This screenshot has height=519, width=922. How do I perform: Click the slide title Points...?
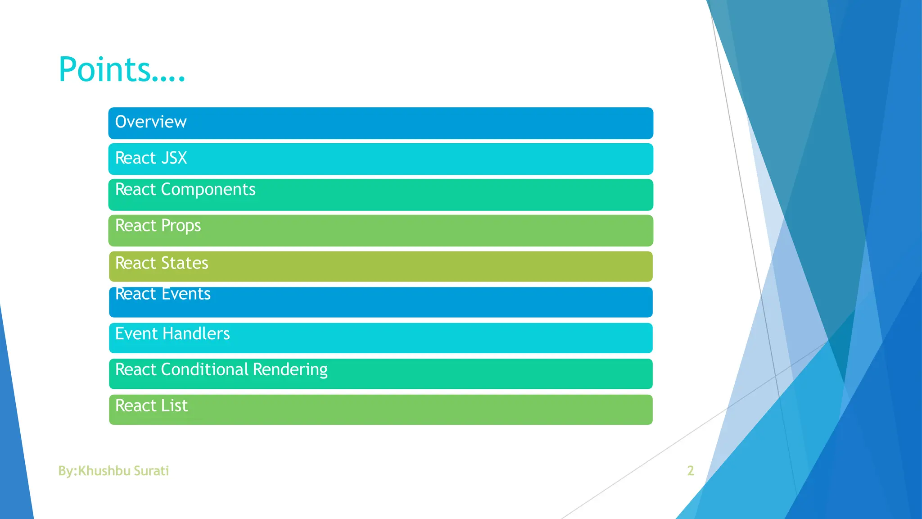click(122, 70)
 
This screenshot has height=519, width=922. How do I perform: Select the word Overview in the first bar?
click(151, 122)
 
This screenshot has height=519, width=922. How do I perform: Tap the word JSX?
click(174, 158)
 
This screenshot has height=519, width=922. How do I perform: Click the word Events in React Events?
click(186, 294)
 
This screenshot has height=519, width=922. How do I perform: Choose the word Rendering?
click(290, 370)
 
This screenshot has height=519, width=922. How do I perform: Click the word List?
click(174, 406)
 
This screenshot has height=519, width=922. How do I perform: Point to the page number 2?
click(690, 471)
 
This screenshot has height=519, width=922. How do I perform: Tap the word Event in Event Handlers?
click(136, 334)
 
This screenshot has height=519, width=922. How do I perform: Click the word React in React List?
click(136, 406)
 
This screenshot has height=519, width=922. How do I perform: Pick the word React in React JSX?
click(136, 158)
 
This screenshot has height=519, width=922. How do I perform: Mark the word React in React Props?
click(136, 226)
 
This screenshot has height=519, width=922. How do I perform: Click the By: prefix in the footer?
click(68, 471)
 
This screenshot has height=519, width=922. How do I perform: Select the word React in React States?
click(136, 263)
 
